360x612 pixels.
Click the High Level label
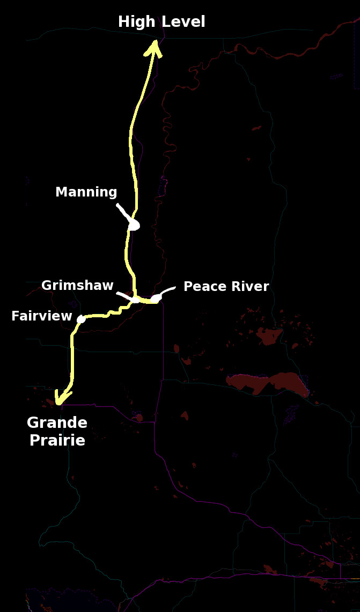[x=161, y=22]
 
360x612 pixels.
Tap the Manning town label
[x=86, y=192]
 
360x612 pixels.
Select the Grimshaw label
[x=77, y=285]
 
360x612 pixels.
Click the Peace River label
[x=226, y=287]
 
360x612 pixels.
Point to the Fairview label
[x=41, y=316]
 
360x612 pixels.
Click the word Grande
[x=57, y=423]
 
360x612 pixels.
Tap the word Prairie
[x=57, y=441]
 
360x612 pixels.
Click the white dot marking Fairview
[x=81, y=319]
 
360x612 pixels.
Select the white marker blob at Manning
[x=134, y=225]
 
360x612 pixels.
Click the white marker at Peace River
[x=155, y=298]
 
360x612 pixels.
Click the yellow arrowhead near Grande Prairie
[x=63, y=398]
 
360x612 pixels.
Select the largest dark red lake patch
[x=268, y=382]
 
